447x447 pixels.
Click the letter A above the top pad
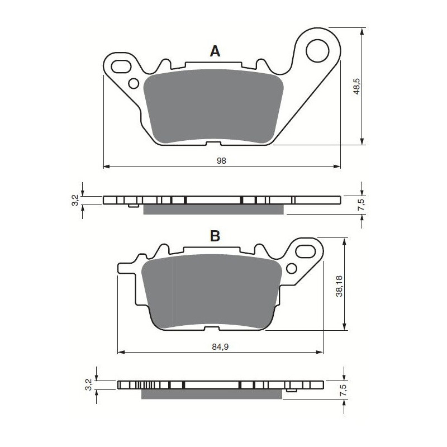[x=215, y=52]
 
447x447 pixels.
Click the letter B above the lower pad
[x=215, y=236]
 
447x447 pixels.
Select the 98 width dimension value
[x=221, y=160]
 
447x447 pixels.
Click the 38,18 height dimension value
[x=339, y=285]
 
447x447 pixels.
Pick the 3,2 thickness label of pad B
[x=88, y=384]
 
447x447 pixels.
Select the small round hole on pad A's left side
[x=133, y=83]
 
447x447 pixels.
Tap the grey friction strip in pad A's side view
[x=213, y=210]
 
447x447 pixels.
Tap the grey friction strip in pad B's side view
[x=211, y=394]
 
